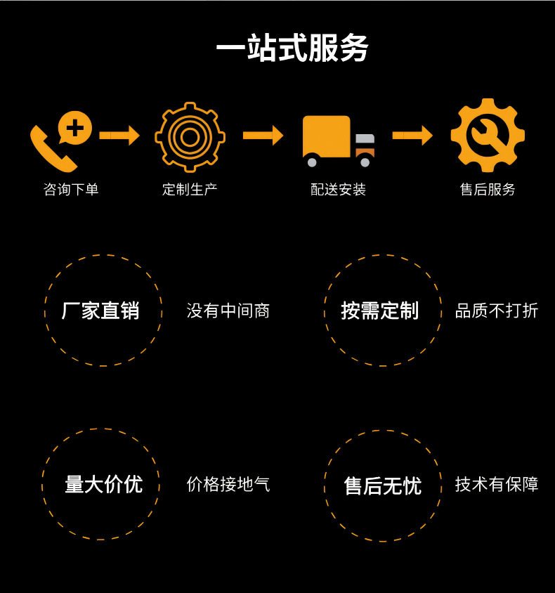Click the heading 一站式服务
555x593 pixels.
(292, 48)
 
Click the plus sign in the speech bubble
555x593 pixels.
(75, 128)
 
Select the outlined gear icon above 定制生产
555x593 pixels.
(190, 137)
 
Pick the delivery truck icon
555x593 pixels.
(338, 141)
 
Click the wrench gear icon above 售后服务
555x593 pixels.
(488, 136)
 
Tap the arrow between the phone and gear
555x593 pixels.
(119, 135)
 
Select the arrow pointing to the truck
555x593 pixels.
(263, 135)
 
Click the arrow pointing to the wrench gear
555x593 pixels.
(412, 135)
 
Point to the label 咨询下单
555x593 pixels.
(71, 190)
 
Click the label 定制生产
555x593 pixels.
(190, 190)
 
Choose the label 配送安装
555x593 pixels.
(338, 190)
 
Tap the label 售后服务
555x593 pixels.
(488, 190)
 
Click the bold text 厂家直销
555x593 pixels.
(100, 311)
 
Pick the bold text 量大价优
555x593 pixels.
(103, 484)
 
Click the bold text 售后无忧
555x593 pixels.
(382, 486)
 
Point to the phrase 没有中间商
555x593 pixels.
(228, 311)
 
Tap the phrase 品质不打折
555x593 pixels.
(497, 311)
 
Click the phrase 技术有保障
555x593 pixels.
(497, 484)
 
